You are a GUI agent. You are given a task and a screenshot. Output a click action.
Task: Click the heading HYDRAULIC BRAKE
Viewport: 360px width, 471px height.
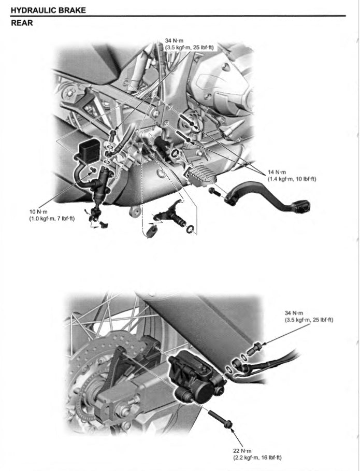(x=48, y=10)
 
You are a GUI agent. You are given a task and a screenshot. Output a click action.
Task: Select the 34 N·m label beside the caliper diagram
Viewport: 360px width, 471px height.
(x=294, y=312)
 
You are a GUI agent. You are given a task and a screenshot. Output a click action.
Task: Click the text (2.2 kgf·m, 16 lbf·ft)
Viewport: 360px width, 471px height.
(x=257, y=458)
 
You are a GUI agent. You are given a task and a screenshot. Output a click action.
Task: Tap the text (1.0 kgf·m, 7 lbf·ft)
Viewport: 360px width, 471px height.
(x=52, y=218)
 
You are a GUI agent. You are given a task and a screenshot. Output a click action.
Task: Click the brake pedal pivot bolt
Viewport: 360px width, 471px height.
(x=213, y=192)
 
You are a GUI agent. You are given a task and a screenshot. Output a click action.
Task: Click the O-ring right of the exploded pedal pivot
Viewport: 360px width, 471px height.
(x=190, y=229)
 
